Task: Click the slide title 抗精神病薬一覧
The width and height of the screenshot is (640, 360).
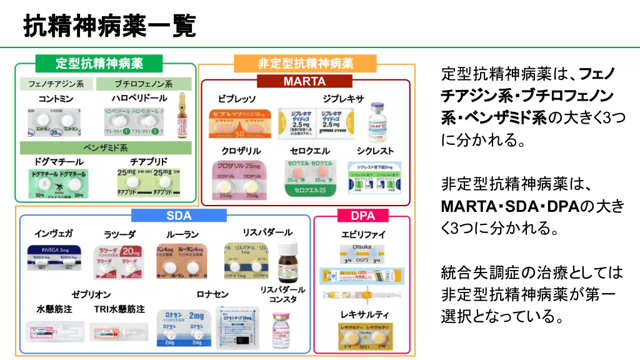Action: (109, 26)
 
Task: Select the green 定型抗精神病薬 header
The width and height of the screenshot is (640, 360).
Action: (99, 63)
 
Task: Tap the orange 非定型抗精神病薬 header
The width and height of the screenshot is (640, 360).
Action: (306, 63)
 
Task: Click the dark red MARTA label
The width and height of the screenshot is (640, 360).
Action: (304, 81)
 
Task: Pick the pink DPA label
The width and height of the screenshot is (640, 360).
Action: (362, 216)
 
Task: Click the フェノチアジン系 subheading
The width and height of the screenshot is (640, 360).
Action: (56, 84)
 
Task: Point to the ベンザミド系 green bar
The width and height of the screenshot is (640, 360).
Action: (106, 147)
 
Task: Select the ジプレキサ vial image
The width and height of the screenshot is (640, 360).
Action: (376, 119)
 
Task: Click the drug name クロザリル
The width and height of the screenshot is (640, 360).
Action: (241, 151)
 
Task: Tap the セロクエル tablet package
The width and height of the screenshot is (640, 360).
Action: (307, 177)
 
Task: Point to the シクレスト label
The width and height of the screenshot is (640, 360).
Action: (375, 151)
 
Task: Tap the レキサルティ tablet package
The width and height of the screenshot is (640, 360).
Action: (363, 334)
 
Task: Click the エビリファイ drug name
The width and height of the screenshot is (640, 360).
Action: (363, 235)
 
